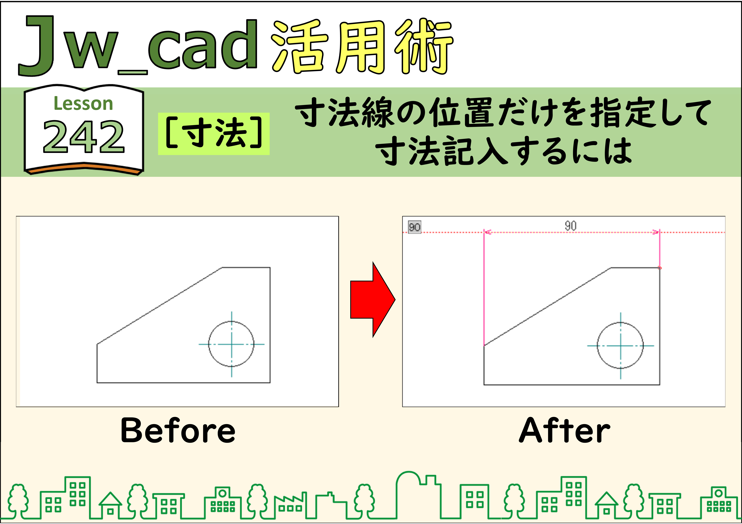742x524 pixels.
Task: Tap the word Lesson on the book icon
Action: pyautogui.click(x=83, y=104)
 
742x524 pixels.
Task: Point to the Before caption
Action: pyautogui.click(x=178, y=431)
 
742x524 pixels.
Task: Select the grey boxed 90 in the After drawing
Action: pyautogui.click(x=415, y=227)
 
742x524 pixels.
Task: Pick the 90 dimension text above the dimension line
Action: pyautogui.click(x=570, y=226)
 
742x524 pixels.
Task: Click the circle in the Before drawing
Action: pyautogui.click(x=208, y=344)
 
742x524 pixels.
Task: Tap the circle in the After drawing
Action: pyautogui.click(x=597, y=345)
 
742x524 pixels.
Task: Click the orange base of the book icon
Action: pyautogui.click(x=84, y=169)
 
